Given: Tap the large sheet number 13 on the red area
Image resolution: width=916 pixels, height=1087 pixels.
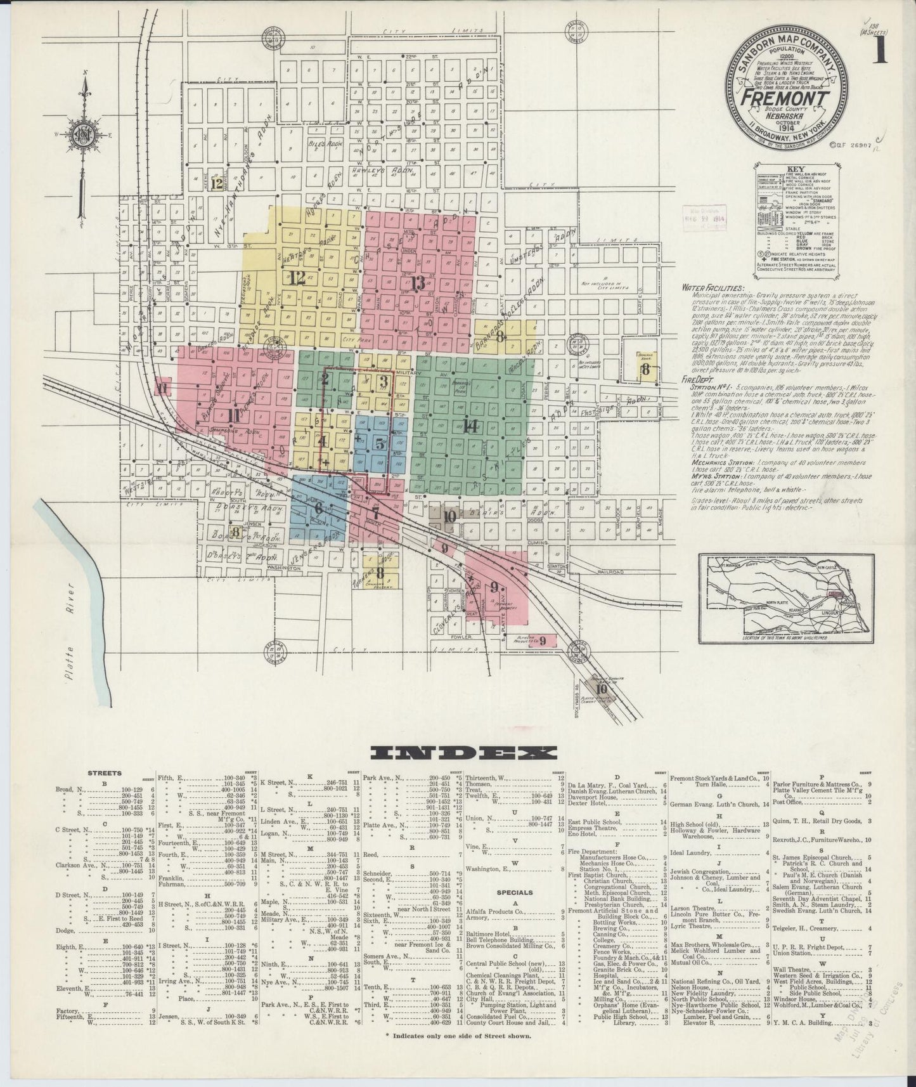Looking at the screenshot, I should [x=416, y=283].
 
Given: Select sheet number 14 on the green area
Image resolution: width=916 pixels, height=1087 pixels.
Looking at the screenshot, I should [x=470, y=427].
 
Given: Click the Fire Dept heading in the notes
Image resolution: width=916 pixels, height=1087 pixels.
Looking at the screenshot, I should [x=696, y=379].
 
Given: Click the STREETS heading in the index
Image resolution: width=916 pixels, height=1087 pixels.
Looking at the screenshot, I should [x=105, y=774].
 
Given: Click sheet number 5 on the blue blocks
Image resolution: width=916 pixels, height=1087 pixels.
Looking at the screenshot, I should [x=379, y=444].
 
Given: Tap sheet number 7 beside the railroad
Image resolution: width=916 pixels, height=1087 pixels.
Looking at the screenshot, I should [x=375, y=512].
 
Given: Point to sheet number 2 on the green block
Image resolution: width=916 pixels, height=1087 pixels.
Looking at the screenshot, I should [x=325, y=379].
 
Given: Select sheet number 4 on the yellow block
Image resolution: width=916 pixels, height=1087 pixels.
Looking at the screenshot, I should [x=323, y=441].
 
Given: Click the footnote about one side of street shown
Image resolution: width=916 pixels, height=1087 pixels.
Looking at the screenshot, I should [x=458, y=1035].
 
